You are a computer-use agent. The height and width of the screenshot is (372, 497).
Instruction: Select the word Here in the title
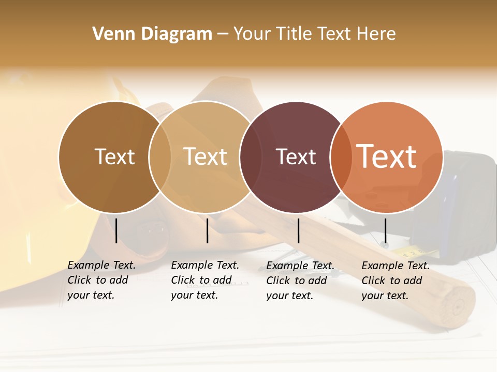click(376, 34)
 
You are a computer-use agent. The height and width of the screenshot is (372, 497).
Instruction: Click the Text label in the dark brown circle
click(114, 157)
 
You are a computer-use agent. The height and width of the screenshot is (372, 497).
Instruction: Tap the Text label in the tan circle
click(206, 157)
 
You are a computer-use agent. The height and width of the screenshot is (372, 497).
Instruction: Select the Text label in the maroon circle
click(296, 157)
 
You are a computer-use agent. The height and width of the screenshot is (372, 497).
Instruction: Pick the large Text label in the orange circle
click(387, 157)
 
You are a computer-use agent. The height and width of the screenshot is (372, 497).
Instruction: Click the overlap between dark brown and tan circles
click(160, 157)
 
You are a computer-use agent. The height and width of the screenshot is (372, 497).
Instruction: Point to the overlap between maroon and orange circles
click(341, 157)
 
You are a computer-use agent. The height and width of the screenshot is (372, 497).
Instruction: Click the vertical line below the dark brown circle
click(116, 230)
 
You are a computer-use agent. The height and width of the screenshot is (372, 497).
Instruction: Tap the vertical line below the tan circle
click(207, 230)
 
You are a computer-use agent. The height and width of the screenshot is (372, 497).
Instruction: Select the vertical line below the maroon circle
click(298, 230)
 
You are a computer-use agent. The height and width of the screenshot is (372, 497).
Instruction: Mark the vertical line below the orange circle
click(385, 230)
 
